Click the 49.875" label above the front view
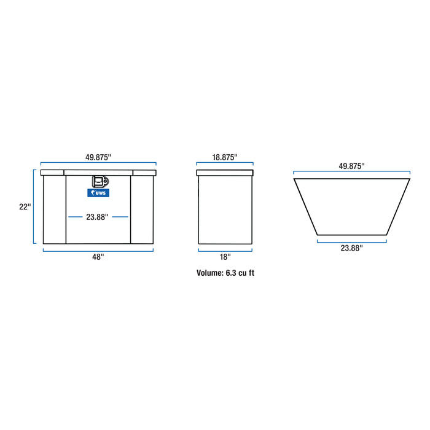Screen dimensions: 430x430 coord(98,157)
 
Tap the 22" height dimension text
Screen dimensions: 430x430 coord(25,207)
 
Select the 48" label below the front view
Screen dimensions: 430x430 coord(98,257)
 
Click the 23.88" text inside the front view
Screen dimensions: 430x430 coord(97,217)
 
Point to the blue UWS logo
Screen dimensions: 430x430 coord(98,193)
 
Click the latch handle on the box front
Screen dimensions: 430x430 coord(100,182)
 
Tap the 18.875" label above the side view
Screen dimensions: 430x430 coord(225,157)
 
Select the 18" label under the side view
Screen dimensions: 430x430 coord(225,257)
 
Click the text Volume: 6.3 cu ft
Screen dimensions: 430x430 coord(225,273)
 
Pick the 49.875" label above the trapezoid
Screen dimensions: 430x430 coord(351,166)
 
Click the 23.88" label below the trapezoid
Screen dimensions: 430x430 coord(351,248)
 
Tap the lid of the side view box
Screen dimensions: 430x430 coord(225,173)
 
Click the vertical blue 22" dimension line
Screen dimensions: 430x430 coord(34,207)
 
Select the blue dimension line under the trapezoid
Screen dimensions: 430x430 coord(351,241)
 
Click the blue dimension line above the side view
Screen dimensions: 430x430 coord(225,164)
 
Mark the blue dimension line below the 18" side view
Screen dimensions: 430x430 coord(225,250)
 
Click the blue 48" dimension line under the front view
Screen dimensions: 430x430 coord(98,250)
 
